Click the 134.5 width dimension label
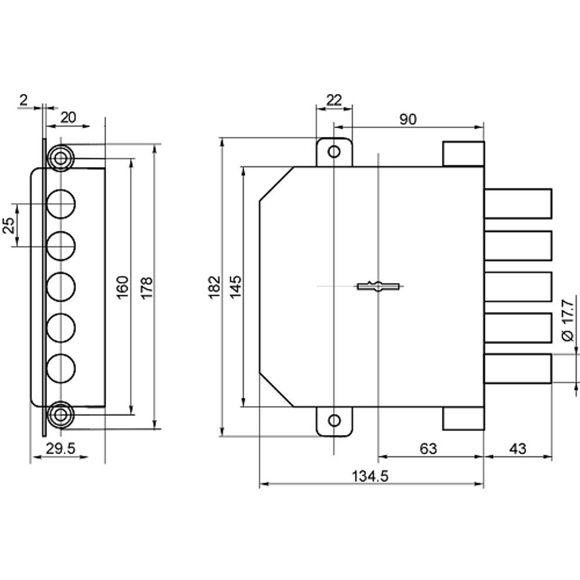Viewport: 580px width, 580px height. tap(370, 476)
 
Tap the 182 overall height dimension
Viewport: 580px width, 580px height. tap(215, 287)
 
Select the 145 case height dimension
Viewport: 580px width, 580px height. tap(235, 287)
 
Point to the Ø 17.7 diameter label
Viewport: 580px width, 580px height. tap(568, 321)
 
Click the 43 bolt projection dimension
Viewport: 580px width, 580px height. tap(517, 449)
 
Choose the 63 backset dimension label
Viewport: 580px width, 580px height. tap(429, 449)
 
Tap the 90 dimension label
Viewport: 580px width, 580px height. tap(408, 119)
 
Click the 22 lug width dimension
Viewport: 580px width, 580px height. tap(334, 100)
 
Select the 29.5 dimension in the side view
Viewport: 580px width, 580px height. tap(60, 449)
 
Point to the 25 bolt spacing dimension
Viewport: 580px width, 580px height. tap(9, 225)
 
